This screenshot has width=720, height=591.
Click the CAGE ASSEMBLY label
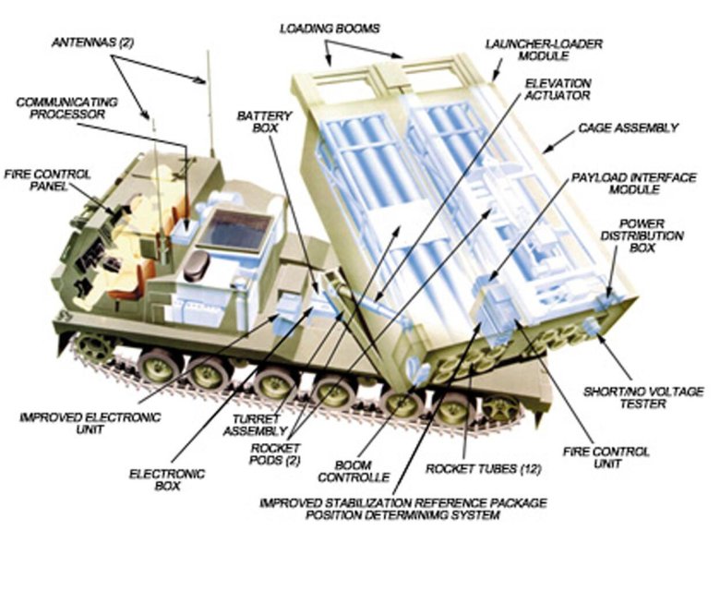coord(628,127)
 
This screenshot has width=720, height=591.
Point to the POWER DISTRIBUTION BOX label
coord(651,236)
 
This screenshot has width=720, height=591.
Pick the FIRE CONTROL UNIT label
coord(606,458)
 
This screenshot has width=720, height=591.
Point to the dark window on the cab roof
coord(234,229)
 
